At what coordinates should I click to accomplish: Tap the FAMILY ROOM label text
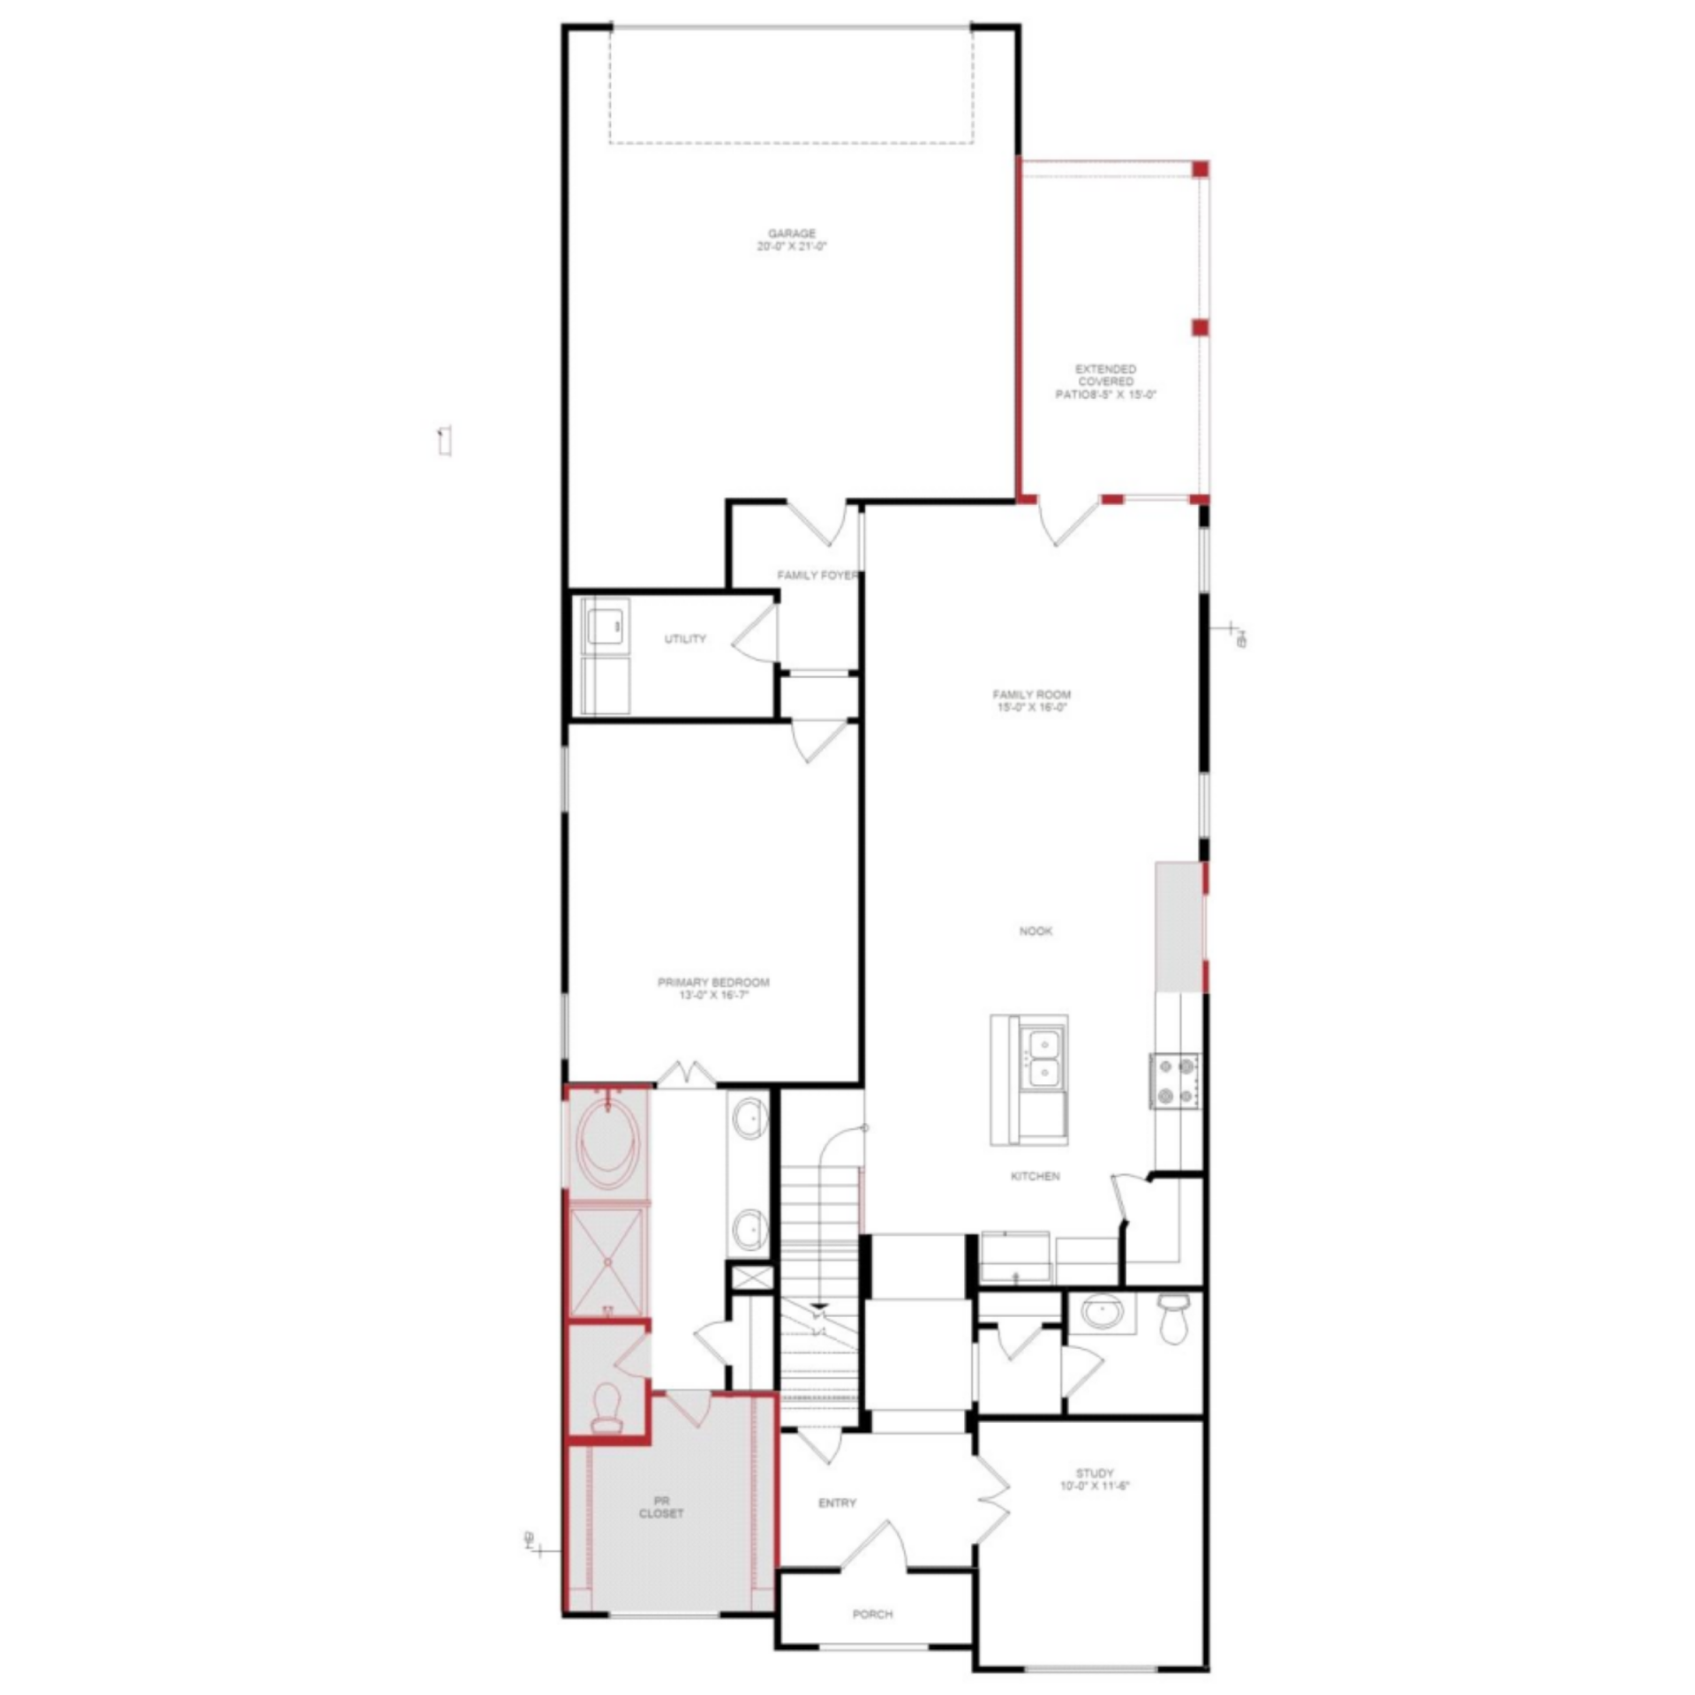point(1031,700)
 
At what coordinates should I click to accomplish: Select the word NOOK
point(1035,931)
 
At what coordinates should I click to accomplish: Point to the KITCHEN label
point(1035,1177)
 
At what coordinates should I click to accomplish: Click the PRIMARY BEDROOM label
point(713,988)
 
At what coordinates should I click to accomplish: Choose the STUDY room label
point(1095,1479)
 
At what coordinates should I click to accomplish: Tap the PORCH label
point(872,1614)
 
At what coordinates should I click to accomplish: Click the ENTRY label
point(837,1503)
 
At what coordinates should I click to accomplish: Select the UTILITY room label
point(685,638)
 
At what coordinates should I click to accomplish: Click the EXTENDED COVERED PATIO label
point(1105,381)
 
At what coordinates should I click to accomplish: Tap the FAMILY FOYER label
point(817,576)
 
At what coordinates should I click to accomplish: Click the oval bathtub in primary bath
point(607,1145)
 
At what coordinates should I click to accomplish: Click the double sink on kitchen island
point(1043,1058)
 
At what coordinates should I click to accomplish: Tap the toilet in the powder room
point(1172,1318)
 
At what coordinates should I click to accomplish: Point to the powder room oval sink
point(1102,1312)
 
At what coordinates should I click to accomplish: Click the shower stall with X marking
point(606,1262)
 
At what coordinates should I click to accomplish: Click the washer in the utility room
point(605,626)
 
